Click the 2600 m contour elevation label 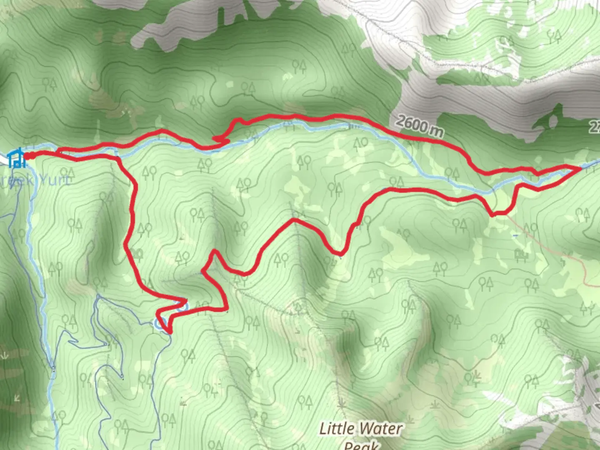419,126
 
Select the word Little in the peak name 337,428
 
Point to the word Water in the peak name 382,428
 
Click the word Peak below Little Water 361,445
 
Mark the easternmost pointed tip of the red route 580,167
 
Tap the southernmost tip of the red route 169,332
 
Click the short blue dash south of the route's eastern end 515,235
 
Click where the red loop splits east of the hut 58,152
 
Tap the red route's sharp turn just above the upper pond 185,300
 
